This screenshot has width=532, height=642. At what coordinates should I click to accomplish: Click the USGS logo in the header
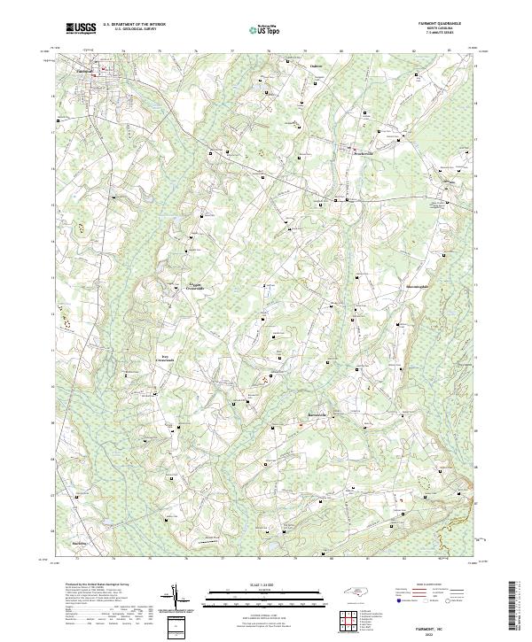[81, 28]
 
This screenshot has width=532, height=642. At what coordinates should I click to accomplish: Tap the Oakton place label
[316, 66]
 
